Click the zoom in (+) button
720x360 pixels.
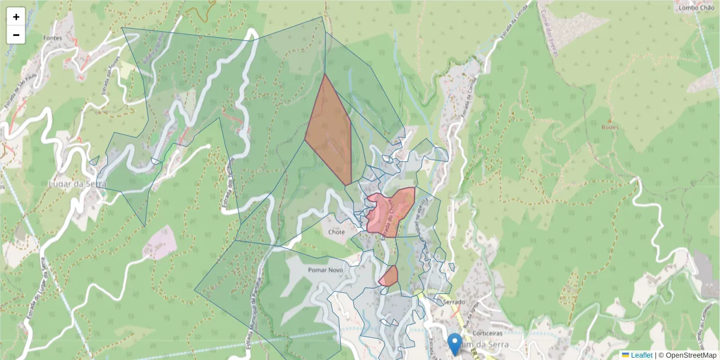16,17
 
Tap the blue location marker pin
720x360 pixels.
455,343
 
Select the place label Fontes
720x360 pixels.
54,38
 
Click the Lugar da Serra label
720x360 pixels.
77,184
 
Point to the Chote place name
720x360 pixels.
337,232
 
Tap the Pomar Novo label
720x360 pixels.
325,270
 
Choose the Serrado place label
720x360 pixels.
454,302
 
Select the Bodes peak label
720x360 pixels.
609,127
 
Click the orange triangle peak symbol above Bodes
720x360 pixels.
610,120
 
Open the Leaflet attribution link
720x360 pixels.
641,355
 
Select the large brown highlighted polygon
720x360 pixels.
330,135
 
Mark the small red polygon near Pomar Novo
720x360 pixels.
389,277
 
